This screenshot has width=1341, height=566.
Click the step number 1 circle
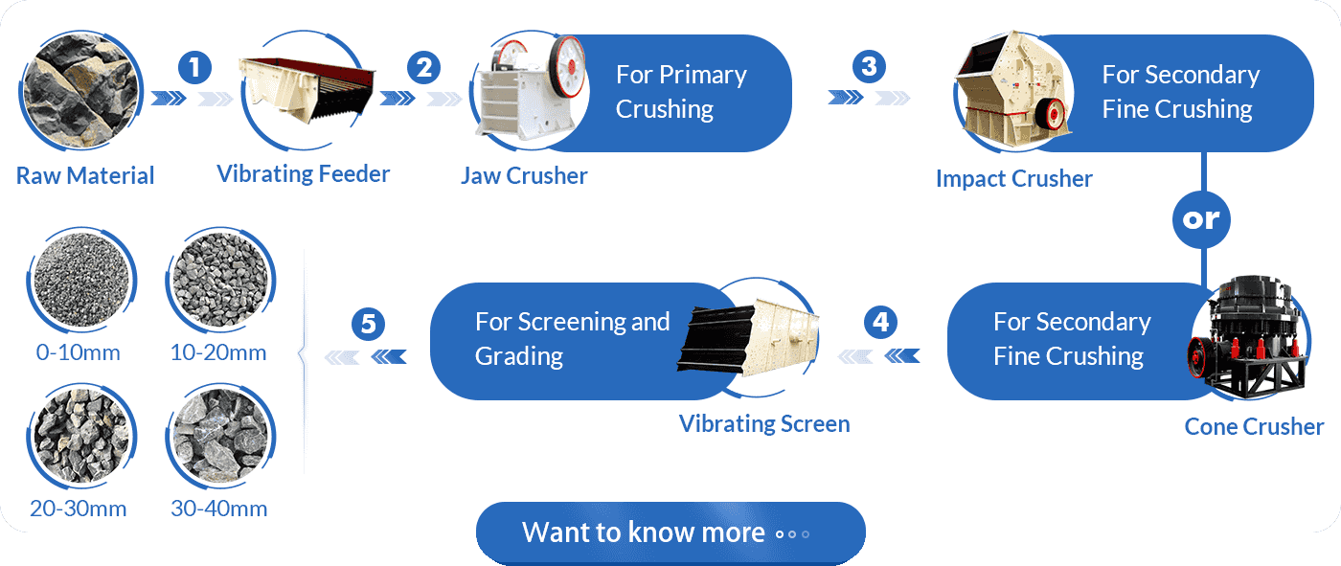coord(194,67)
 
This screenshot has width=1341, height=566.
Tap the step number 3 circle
coord(868,67)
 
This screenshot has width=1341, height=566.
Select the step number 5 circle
coord(368,324)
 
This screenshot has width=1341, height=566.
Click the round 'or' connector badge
coord(1202,219)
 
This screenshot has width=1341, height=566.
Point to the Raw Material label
coord(85,176)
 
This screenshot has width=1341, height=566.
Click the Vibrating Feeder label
coord(303,174)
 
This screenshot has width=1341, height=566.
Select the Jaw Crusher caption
coord(524,176)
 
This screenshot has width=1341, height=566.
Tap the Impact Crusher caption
coord(1013,179)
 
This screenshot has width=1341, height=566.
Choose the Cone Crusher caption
coord(1254,427)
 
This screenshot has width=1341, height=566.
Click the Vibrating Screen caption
coord(764,424)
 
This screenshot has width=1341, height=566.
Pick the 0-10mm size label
coord(79,352)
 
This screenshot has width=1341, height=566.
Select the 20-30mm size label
coord(79,509)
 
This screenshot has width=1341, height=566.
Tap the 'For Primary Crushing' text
coord(681,92)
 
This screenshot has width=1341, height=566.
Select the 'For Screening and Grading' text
coord(572,339)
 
